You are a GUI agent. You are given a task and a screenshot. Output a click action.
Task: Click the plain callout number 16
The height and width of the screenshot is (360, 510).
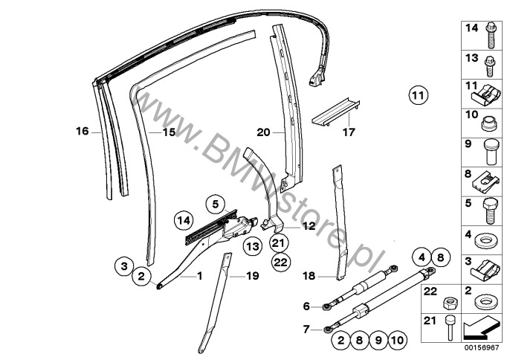(83, 132)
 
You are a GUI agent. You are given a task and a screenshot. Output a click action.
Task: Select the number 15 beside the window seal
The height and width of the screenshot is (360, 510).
(169, 132)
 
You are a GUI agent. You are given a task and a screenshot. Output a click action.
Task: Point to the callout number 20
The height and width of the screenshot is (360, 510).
(263, 132)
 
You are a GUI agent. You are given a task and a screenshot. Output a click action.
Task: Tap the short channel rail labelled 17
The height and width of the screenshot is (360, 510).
(336, 111)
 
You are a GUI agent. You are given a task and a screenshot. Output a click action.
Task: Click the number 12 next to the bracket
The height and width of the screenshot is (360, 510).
(309, 226)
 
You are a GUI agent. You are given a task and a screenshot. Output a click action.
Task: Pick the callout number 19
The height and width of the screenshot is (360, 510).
(253, 276)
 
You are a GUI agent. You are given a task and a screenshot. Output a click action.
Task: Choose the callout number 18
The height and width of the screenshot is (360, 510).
(309, 276)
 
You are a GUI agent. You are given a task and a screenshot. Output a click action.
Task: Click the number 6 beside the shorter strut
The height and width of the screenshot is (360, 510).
(306, 306)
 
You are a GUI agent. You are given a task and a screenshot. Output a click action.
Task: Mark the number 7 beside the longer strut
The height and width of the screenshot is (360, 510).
(306, 330)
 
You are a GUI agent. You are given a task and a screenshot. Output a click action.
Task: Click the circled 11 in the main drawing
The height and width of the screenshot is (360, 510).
(418, 95)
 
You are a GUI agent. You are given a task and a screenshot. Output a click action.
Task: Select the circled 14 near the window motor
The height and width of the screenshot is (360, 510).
(184, 221)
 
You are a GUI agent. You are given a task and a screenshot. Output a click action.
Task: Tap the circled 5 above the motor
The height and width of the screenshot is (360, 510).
(216, 204)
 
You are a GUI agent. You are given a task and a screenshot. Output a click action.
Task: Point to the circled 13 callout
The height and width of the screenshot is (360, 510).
(253, 246)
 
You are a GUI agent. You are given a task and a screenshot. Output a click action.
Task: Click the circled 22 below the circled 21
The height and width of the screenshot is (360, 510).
(281, 262)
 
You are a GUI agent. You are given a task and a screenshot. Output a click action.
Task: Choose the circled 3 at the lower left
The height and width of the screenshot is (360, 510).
(124, 266)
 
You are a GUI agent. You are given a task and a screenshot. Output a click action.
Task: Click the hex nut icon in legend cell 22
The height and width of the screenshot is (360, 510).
(451, 305)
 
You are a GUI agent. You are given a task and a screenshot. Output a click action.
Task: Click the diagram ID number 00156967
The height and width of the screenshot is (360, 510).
(482, 347)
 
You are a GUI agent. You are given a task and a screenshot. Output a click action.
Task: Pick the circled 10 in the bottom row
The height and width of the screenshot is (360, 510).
(398, 341)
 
